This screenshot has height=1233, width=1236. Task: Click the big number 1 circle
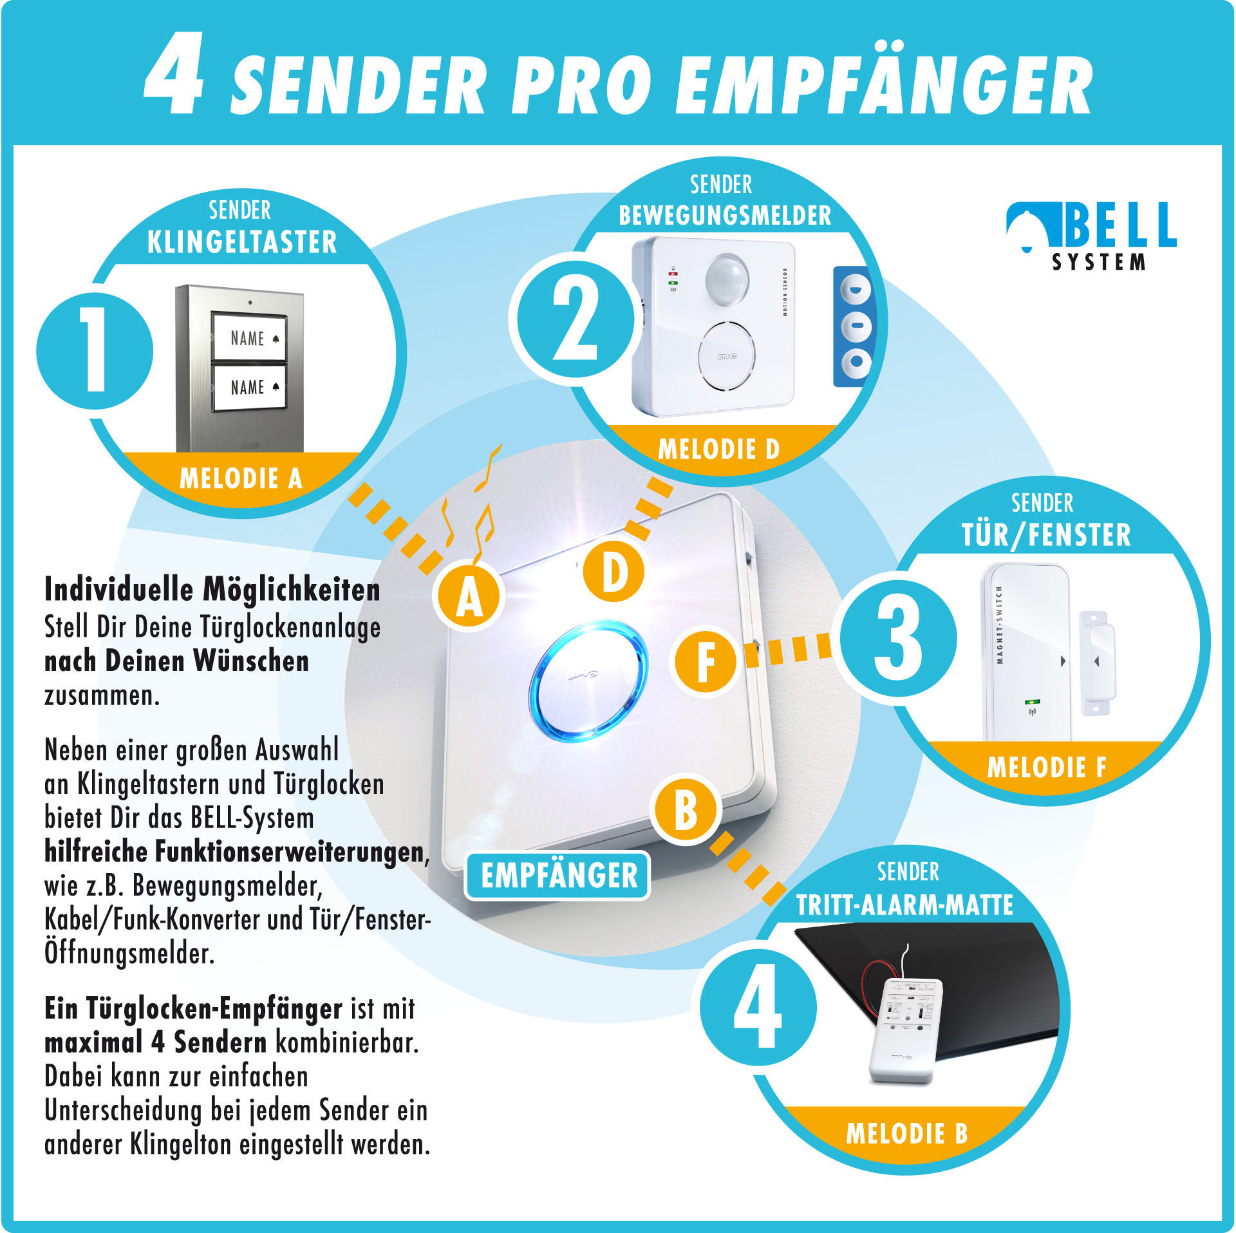(95, 351)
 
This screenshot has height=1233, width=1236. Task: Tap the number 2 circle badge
(575, 320)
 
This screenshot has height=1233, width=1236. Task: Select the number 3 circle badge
(898, 639)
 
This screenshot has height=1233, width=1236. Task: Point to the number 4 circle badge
(758, 1008)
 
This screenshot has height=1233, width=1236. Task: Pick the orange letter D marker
(614, 572)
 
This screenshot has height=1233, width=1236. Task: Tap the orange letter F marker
(706, 661)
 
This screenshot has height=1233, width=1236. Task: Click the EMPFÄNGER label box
(557, 876)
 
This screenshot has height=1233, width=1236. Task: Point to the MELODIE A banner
(241, 478)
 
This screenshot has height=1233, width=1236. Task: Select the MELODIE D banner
(718, 449)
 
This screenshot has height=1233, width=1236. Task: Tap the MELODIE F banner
(1047, 767)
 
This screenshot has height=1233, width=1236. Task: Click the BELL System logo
(1092, 235)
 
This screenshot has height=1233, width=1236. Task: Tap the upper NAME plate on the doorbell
(250, 337)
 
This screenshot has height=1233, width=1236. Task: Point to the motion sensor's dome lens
(727, 278)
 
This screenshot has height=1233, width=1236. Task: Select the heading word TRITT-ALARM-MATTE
(904, 905)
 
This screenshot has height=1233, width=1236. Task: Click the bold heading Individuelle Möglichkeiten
(212, 589)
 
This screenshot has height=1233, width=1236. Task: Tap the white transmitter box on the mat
(905, 1030)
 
